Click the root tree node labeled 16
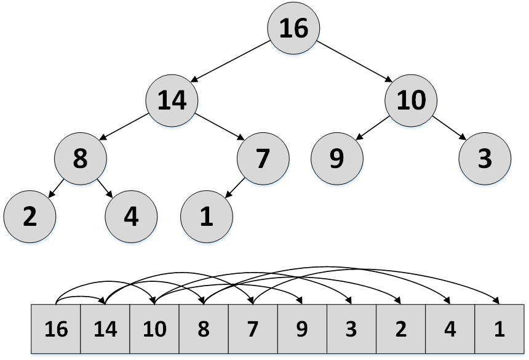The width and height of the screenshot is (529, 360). [x=293, y=28]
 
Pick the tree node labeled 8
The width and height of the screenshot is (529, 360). [x=80, y=159]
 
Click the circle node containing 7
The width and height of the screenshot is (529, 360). [x=263, y=159]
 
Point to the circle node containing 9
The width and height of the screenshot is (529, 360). [x=336, y=159]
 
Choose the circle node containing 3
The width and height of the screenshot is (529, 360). [x=484, y=159]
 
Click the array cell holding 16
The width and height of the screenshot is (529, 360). [x=56, y=329]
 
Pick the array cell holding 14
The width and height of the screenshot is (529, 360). [x=105, y=329]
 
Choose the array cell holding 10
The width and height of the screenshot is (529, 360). [x=154, y=329]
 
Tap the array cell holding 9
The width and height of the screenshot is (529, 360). [x=302, y=329]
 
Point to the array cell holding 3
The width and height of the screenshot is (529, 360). [x=351, y=329]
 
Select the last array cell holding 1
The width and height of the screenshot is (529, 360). [x=499, y=329]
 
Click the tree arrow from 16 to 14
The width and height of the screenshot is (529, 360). [x=231, y=62]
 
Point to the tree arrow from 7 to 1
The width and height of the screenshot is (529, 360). [x=235, y=188]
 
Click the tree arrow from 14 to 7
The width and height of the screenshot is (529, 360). [x=218, y=129]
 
